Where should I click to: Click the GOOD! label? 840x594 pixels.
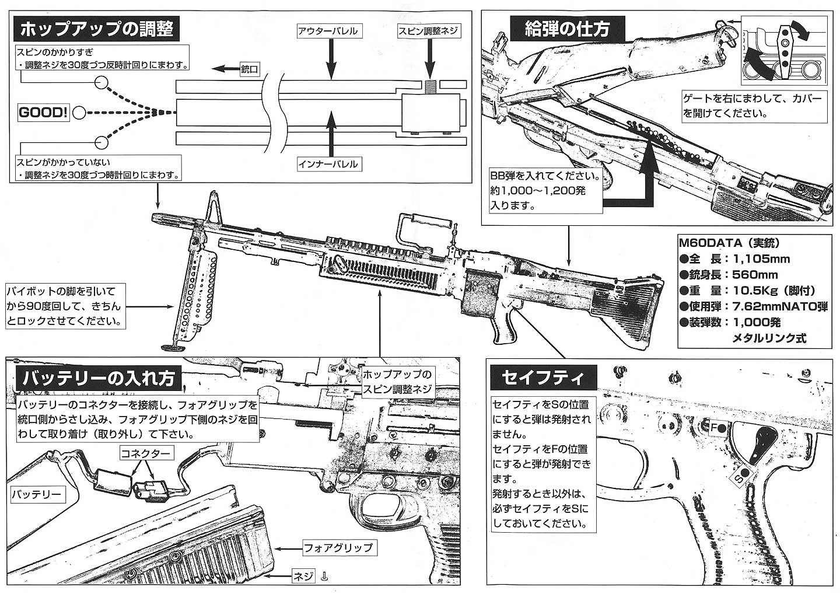tap(43, 113)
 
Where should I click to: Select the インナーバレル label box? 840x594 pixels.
tap(328, 165)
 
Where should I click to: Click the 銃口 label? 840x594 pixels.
tap(250, 69)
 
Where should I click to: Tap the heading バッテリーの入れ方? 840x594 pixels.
tap(98, 379)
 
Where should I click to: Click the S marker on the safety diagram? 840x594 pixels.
tap(738, 477)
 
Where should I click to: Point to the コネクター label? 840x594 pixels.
tap(145, 453)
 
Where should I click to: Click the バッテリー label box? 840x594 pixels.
tap(36, 494)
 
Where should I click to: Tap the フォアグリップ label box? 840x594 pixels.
tap(338, 548)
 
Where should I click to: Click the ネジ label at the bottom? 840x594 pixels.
tap(303, 576)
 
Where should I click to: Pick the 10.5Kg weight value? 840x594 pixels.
tap(752, 291)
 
